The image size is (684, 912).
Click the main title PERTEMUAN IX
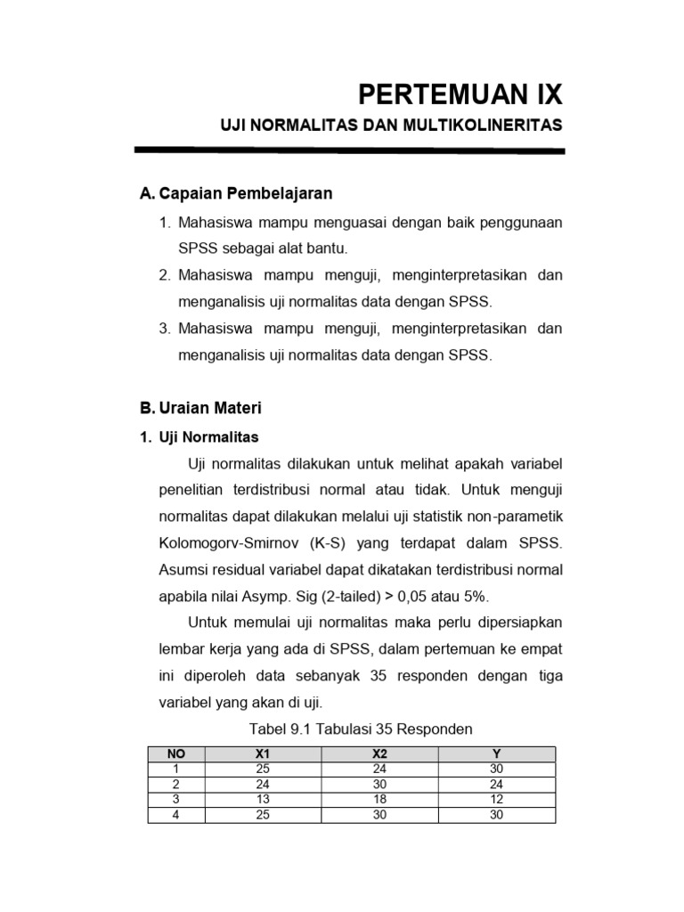460,94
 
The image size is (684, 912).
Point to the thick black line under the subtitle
349,151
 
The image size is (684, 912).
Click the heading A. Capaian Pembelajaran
236,192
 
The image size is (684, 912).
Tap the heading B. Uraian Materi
200,409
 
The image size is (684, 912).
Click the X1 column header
262,753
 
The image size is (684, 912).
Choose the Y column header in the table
496,753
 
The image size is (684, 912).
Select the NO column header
176,753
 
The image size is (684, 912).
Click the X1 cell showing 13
262,799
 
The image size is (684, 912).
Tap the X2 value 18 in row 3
379,799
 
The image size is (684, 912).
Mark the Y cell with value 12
496,799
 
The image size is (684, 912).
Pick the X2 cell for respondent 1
379,769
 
